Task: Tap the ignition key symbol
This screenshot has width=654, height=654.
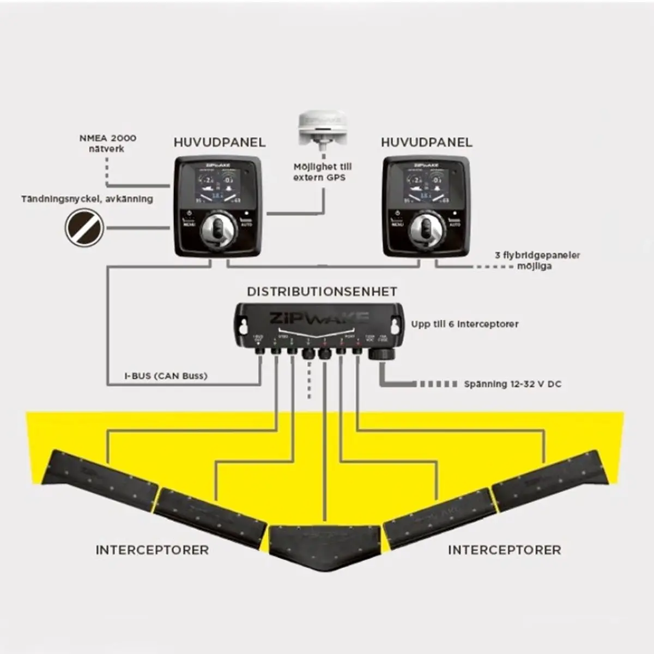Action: click(84, 227)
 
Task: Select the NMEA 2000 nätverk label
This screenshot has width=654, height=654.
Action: click(108, 143)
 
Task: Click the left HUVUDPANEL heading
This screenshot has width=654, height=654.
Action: click(220, 143)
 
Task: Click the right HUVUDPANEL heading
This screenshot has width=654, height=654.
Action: click(427, 143)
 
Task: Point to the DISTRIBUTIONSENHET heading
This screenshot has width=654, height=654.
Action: click(322, 292)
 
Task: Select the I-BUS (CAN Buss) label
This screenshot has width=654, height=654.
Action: click(166, 376)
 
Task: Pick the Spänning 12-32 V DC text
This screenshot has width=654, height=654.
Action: click(512, 384)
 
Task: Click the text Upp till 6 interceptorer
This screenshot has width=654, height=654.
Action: click(465, 324)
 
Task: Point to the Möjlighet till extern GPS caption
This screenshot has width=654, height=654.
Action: click(323, 172)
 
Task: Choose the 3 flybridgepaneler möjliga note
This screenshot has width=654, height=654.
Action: click(537, 261)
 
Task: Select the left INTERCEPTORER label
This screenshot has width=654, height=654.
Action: click(152, 550)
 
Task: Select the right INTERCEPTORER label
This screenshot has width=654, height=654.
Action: click(504, 550)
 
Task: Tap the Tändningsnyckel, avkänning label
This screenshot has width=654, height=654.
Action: click(87, 199)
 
